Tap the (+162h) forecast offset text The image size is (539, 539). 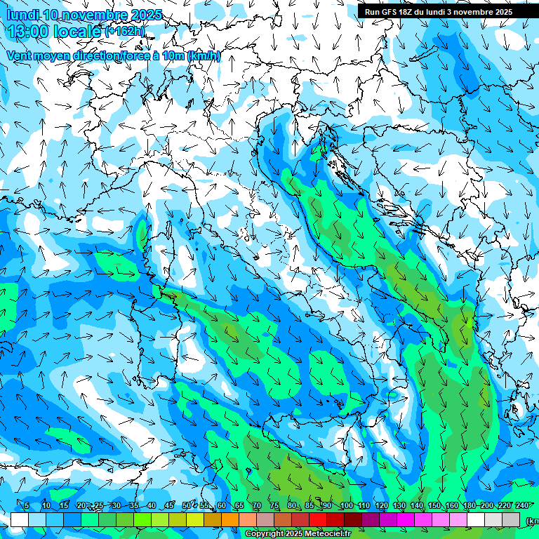pos(126,31)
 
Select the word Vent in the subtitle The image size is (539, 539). pos(21,55)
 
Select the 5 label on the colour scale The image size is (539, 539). pos(27,506)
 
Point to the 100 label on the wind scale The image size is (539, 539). pos(346,506)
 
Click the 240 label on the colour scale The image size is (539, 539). pos(521,506)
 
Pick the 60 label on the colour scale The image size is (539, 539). pos(222,506)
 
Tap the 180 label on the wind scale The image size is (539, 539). pos(469,506)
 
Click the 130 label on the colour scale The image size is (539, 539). pos(399,506)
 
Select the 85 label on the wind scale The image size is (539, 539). pos(310,506)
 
